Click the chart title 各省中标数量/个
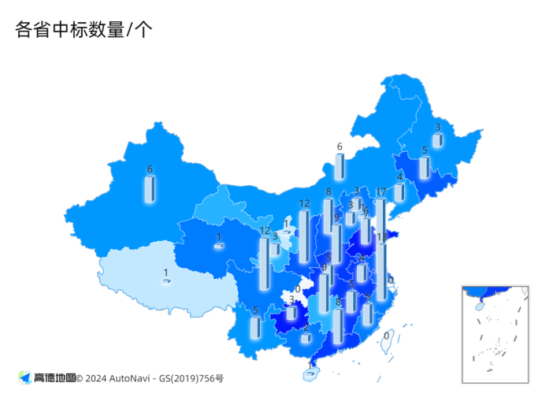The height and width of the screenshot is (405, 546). [83, 30]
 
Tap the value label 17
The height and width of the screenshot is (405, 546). [381, 192]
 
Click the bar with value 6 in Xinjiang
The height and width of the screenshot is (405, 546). [149, 189]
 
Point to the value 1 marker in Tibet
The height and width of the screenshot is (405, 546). [165, 281]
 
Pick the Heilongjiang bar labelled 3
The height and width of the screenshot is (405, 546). [437, 139]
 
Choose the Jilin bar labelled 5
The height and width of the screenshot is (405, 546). [425, 167]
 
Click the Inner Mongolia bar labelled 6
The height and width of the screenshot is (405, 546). [340, 166]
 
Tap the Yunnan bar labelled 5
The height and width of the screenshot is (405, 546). [255, 328]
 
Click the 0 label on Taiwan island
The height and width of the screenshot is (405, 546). [386, 336]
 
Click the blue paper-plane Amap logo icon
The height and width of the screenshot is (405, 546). [24, 378]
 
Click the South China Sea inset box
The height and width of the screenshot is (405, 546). [495, 334]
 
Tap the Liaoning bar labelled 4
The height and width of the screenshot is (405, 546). [399, 191]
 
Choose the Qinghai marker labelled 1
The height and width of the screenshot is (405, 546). [218, 247]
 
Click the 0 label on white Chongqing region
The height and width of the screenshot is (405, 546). [297, 290]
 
